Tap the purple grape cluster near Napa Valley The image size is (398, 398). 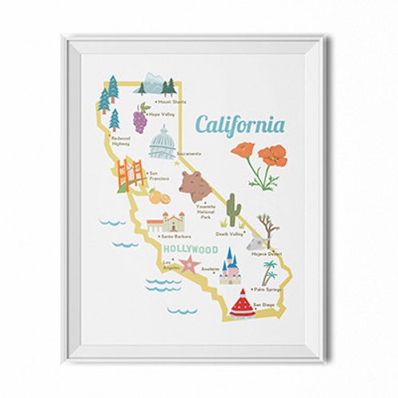(140, 121)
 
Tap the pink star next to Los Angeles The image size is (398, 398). (187, 266)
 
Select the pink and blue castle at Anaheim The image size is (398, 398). (230, 266)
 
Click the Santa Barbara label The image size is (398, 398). (176, 236)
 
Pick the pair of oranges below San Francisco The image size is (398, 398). (158, 197)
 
